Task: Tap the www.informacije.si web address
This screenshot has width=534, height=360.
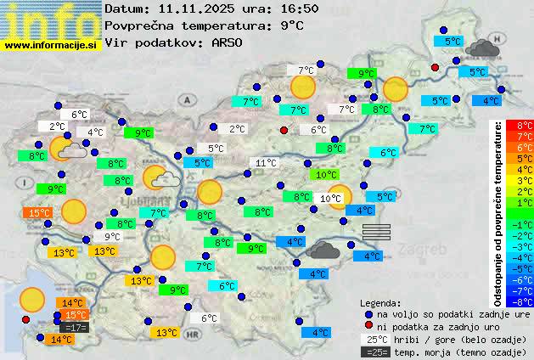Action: [x=51, y=45]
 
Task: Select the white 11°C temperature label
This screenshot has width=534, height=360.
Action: [x=266, y=163]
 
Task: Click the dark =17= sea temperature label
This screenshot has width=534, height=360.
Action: [x=75, y=327]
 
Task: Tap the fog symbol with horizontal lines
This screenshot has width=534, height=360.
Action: [x=376, y=232]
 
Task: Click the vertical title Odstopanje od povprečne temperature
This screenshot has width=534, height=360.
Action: [x=498, y=212]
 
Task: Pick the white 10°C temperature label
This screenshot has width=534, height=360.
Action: [x=331, y=199]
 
